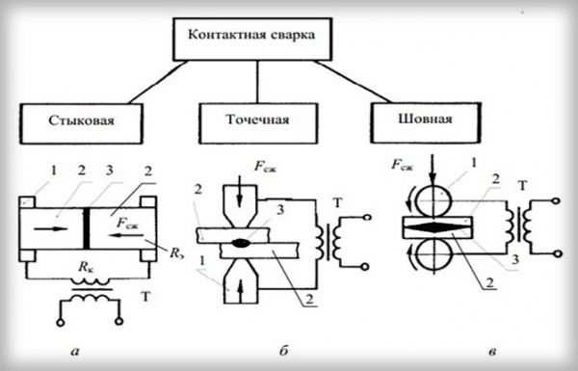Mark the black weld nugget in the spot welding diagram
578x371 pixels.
[x=237, y=248]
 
